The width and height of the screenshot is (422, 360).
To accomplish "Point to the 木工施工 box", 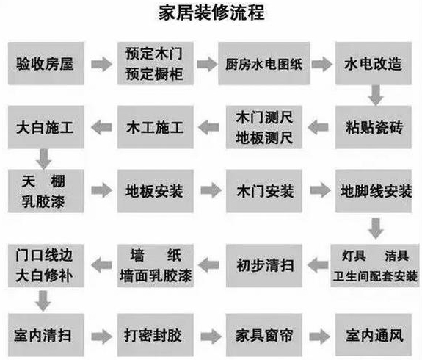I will coord(152,126).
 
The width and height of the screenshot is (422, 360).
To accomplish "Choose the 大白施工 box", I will coord(44,126).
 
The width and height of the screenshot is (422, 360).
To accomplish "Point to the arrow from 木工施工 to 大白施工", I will coord(98,127).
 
